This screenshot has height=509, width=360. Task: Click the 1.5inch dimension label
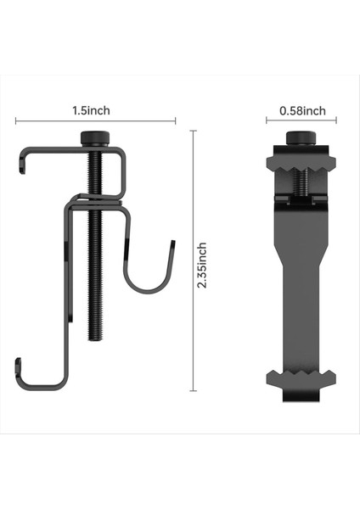(x=91, y=110)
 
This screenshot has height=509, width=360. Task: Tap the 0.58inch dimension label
(x=302, y=111)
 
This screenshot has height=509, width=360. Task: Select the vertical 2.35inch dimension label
(x=202, y=265)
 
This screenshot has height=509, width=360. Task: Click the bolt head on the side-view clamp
(x=95, y=137)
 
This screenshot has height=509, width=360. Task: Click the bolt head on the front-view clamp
(x=301, y=137)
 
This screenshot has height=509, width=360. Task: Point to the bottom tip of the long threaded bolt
(x=95, y=339)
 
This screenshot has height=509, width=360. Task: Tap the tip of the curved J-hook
(x=173, y=242)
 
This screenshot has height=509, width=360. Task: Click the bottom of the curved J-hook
(x=147, y=291)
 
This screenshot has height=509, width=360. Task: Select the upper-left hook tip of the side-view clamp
(x=22, y=172)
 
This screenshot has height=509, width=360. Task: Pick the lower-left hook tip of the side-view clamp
(x=18, y=360)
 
